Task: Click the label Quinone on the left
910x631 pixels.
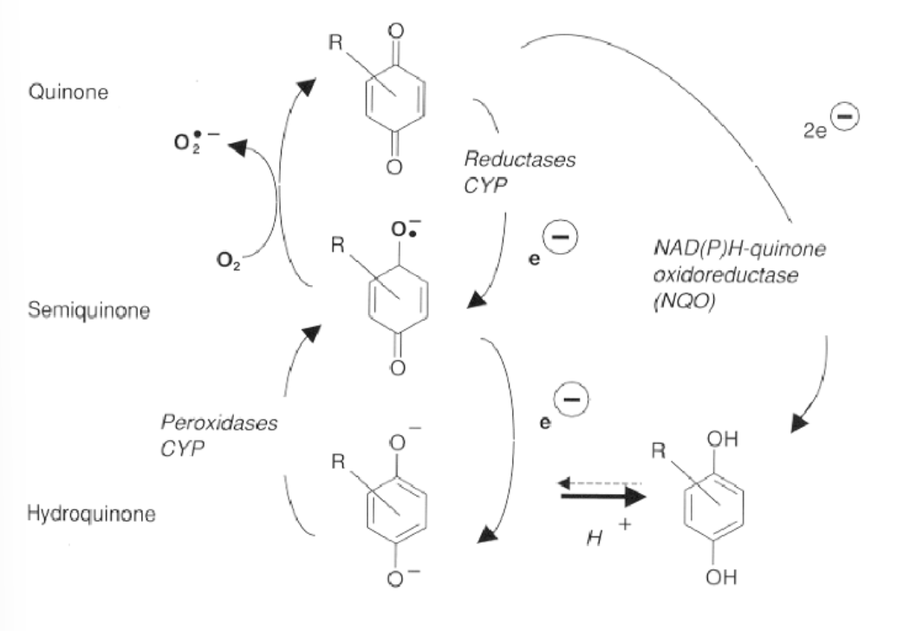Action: tap(68, 92)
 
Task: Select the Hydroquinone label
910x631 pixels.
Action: tap(91, 514)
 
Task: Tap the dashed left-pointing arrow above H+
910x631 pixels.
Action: tap(598, 482)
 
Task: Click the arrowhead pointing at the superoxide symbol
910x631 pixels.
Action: tap(238, 146)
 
